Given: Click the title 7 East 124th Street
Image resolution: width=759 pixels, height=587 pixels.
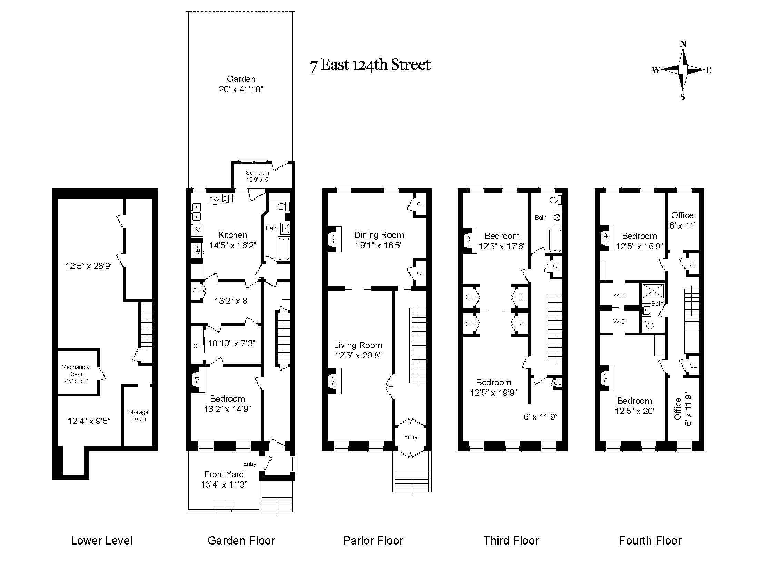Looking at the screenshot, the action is coord(370,65).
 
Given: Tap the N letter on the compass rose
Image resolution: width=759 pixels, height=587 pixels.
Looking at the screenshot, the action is coord(683,44).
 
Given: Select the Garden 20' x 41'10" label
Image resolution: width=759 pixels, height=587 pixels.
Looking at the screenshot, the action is coord(241,84).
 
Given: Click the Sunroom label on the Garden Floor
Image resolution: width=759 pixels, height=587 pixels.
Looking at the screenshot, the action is coord(257,173).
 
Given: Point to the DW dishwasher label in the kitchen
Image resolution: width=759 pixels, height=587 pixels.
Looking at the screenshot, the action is coord(215,199).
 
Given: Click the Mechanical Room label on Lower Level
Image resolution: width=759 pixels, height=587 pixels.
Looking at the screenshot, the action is coord(76,374).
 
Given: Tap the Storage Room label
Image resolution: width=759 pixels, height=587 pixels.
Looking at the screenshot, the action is coord(138,415).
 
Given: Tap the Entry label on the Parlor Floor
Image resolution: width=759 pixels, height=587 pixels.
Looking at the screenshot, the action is coord(411,437).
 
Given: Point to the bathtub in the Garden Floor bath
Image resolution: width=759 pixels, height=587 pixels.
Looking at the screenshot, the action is coord(284,249).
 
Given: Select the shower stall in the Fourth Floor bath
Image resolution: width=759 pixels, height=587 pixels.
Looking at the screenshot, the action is coord(653,291).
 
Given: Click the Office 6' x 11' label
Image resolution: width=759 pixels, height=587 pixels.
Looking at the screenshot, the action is coord(682,221).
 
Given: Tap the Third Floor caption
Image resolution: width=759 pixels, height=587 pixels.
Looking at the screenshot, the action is coord(511,541).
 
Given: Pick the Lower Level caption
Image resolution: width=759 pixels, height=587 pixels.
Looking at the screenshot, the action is coord(101,541).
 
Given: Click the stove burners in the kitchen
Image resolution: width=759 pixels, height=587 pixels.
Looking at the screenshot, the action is coord(228,199).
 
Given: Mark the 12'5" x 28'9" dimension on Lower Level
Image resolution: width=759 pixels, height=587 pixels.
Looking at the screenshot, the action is coord(89,266).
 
